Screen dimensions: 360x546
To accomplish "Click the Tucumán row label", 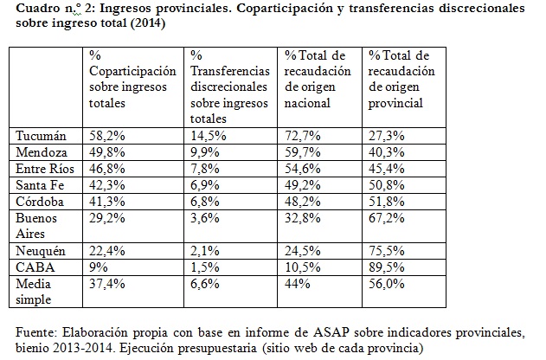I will point(42,135).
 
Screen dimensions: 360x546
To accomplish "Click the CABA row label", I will point(35,266).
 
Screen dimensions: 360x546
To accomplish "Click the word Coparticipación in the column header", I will point(132,70).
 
